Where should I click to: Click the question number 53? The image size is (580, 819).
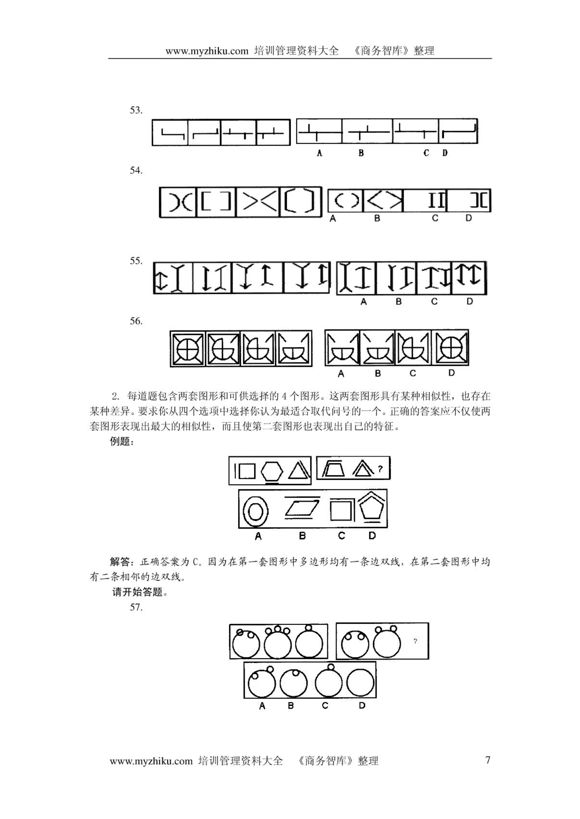point(136,110)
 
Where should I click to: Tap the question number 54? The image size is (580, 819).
point(136,170)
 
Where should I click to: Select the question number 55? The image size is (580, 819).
point(136,261)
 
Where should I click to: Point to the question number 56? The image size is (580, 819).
point(136,321)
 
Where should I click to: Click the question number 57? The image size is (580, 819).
point(136,607)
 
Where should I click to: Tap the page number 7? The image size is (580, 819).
point(488,760)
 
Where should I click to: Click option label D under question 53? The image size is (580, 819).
point(445,153)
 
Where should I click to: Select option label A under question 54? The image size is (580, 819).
point(333,219)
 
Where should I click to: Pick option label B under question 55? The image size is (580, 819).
point(399,301)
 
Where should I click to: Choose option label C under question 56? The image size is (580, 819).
point(413,373)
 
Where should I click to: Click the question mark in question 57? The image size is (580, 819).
point(415,641)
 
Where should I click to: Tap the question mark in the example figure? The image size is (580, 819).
point(380,469)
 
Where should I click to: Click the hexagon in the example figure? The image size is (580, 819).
point(272,471)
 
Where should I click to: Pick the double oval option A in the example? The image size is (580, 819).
point(256,511)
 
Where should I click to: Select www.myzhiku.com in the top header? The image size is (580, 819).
point(207,51)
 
